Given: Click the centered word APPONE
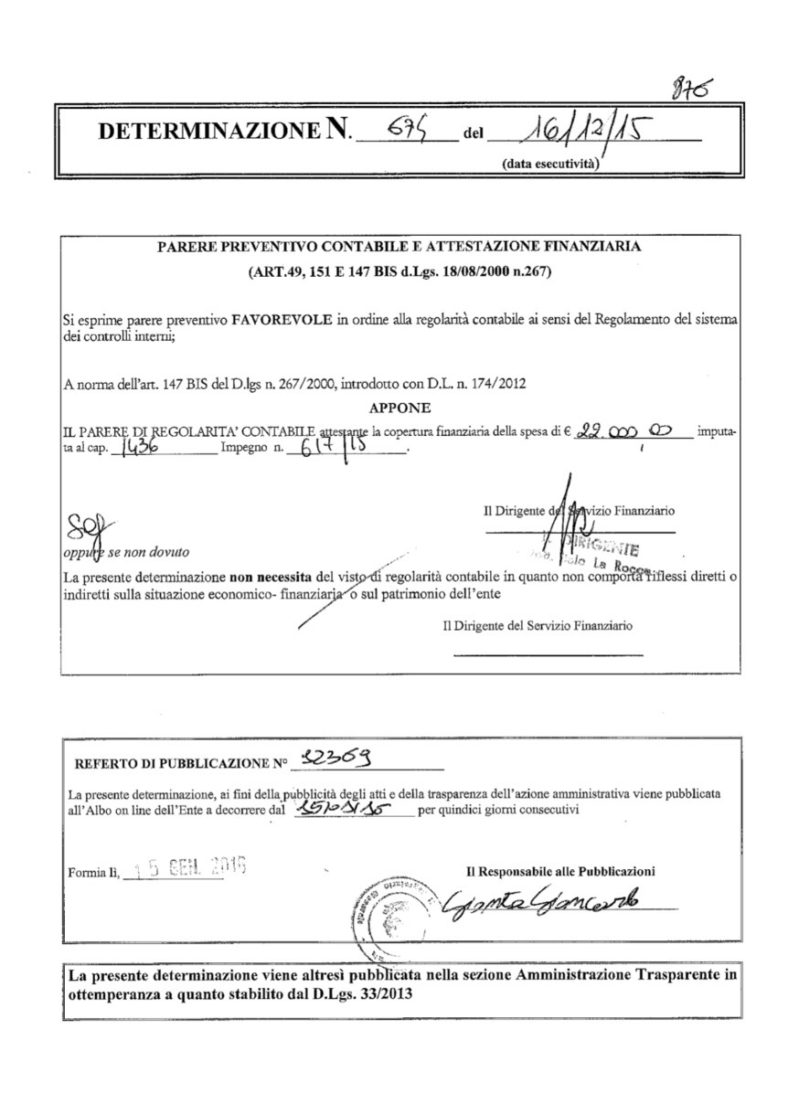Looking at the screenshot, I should coord(401,408).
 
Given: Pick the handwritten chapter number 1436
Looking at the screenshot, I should coord(143,447).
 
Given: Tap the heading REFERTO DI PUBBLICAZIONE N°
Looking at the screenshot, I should coord(180,763).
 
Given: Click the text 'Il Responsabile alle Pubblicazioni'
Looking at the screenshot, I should coord(560,871).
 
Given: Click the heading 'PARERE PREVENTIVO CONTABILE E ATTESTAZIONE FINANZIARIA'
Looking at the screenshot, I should coord(399,247).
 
